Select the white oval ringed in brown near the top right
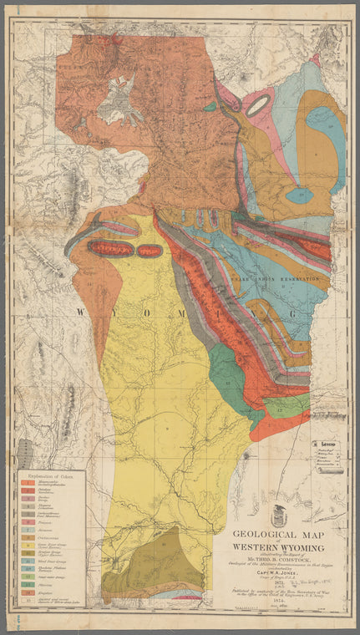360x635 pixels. (x=258, y=104)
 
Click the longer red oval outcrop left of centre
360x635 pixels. (x=110, y=248)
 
